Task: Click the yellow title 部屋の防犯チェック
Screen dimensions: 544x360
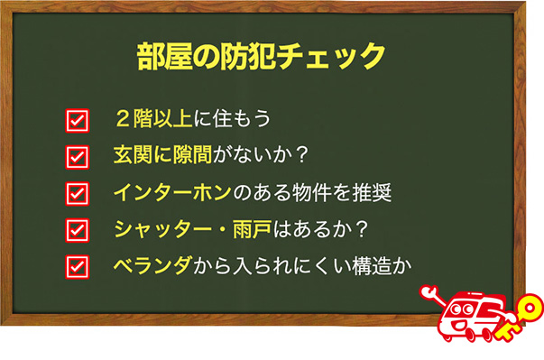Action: coord(261,56)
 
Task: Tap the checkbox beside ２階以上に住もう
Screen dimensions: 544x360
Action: coord(78,120)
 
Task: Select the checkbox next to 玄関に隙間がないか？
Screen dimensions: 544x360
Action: coord(78,157)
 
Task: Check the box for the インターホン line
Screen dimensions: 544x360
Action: coord(78,193)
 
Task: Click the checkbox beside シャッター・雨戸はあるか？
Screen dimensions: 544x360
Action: coord(78,230)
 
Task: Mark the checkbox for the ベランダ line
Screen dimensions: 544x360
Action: coord(78,267)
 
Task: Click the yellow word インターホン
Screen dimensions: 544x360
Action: coord(172,192)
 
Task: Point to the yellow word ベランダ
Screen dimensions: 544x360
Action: coord(152,266)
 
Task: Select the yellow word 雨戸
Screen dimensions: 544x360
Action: coord(253,229)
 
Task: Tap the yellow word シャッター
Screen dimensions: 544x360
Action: coord(162,229)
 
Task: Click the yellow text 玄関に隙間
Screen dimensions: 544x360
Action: coord(162,154)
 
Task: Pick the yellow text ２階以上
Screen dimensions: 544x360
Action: coord(153,118)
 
